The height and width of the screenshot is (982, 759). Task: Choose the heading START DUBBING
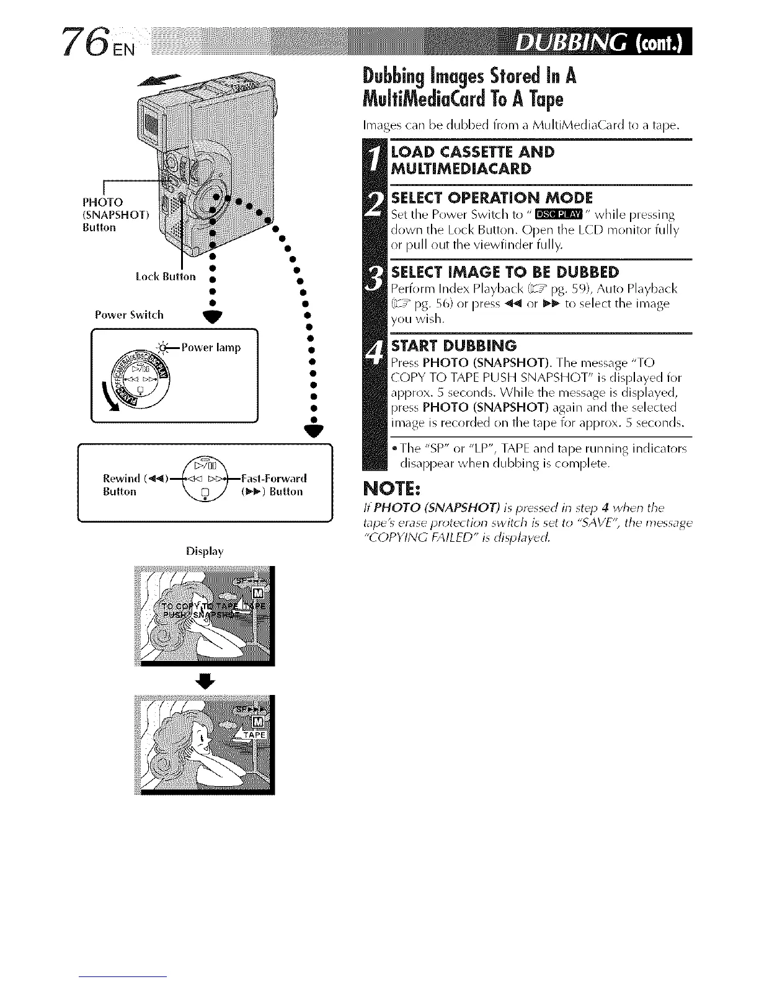pyautogui.click(x=453, y=345)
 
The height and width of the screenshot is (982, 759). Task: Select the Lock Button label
pyautogui.click(x=166, y=276)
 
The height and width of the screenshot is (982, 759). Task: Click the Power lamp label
pyautogui.click(x=210, y=347)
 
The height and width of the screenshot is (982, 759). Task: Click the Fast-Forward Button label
pyautogui.click(x=273, y=485)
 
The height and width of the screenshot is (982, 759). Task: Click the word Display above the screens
pyautogui.click(x=205, y=551)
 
